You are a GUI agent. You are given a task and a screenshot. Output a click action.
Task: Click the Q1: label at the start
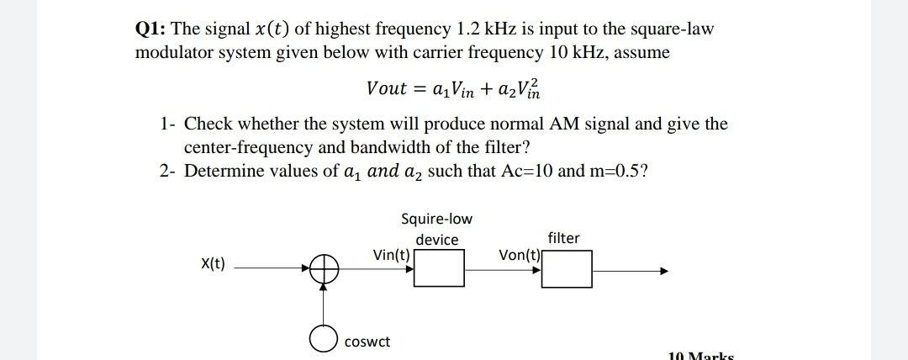150,29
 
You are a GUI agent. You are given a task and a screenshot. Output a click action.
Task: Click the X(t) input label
213,264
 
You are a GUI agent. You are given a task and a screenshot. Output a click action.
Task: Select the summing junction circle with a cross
324,270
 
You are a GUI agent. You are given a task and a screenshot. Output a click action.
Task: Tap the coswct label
367,341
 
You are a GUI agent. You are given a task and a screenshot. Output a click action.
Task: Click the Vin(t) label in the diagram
391,255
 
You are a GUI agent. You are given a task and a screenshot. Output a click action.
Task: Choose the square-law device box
439,270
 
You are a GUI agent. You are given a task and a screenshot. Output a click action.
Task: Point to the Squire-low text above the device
437,220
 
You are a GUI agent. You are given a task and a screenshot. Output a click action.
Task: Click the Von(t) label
520,255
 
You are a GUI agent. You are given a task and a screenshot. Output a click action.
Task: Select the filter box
567,270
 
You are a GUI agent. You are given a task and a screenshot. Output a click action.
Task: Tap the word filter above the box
563,238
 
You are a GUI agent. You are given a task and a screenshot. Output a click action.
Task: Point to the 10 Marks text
701,355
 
